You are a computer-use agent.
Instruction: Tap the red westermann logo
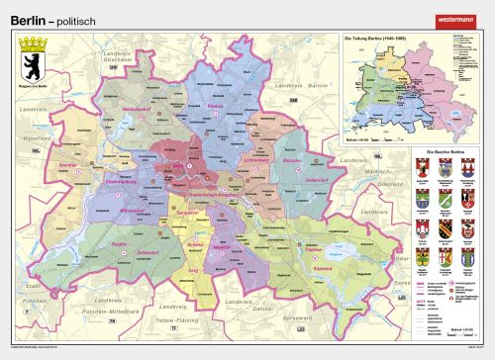click(x=461, y=16)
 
